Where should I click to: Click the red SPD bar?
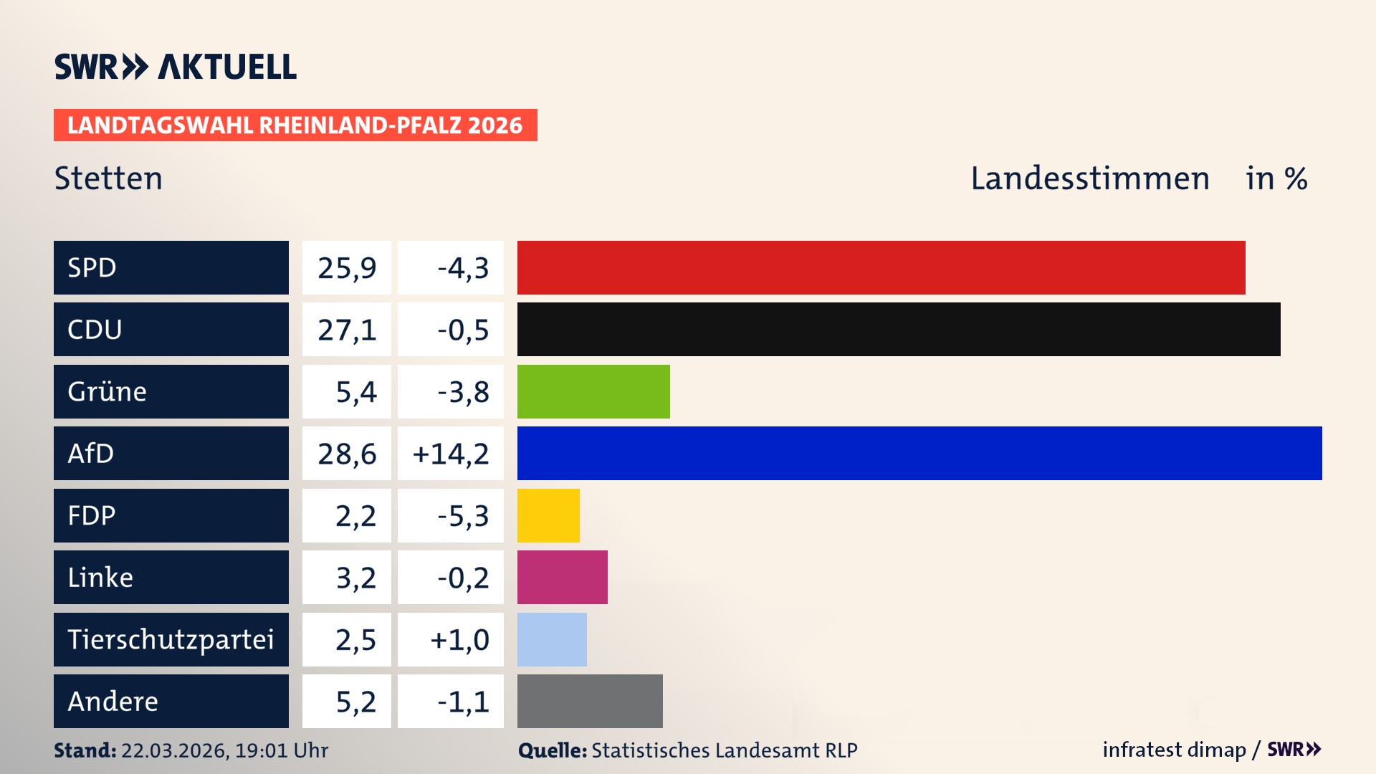click(881, 267)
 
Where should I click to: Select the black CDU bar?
click(899, 329)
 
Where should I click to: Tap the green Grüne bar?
click(593, 391)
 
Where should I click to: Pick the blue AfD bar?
click(919, 453)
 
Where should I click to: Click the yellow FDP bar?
click(548, 515)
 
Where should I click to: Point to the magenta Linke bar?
click(562, 577)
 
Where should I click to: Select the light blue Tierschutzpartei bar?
click(552, 639)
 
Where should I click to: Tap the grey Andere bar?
click(590, 701)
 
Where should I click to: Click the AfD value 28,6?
click(347, 454)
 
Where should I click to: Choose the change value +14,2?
click(451, 454)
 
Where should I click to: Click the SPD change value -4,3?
click(463, 268)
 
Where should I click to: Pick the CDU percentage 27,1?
click(347, 330)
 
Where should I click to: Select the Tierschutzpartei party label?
click(171, 639)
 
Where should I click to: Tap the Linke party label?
click(100, 577)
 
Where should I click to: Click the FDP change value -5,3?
click(463, 516)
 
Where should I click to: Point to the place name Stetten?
click(108, 178)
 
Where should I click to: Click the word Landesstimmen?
click(1089, 178)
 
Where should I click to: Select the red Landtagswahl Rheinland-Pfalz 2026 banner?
click(295, 125)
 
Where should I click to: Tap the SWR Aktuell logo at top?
click(176, 67)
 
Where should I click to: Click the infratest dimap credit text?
click(1173, 750)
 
